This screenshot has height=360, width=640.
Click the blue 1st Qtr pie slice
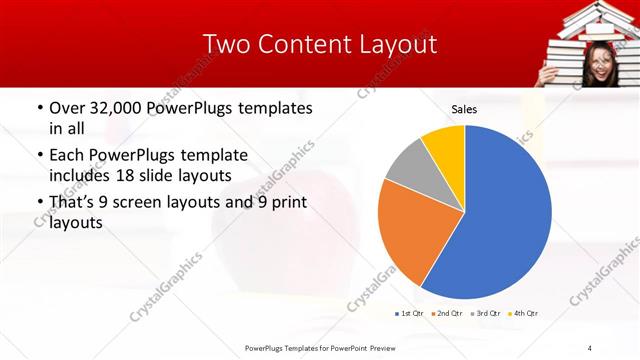(500, 220)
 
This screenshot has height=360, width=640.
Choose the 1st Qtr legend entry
(409, 314)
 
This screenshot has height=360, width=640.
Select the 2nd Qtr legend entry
(446, 314)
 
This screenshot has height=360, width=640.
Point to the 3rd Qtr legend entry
(484, 314)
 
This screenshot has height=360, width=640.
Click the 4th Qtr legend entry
(522, 314)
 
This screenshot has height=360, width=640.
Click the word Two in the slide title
(226, 44)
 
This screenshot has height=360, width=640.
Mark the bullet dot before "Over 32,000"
(39, 108)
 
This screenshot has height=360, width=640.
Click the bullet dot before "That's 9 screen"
(39, 203)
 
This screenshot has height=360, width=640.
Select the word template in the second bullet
(209, 155)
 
